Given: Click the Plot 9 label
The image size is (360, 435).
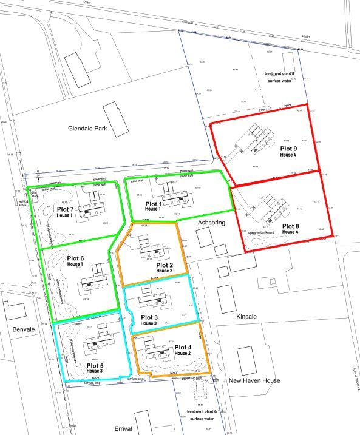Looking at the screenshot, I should pyautogui.click(x=288, y=148).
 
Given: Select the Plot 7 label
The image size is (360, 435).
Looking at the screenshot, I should pyautogui.click(x=64, y=209).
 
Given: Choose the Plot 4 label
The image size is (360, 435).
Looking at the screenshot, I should pyautogui.click(x=183, y=347).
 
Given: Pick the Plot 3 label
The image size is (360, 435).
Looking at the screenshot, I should pyautogui.click(x=149, y=317).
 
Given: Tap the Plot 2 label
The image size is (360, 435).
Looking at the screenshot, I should pyautogui.click(x=164, y=265).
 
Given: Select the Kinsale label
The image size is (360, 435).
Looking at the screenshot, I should pyautogui.click(x=248, y=317).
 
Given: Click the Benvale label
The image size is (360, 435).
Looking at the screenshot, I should pyautogui.click(x=16, y=328).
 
